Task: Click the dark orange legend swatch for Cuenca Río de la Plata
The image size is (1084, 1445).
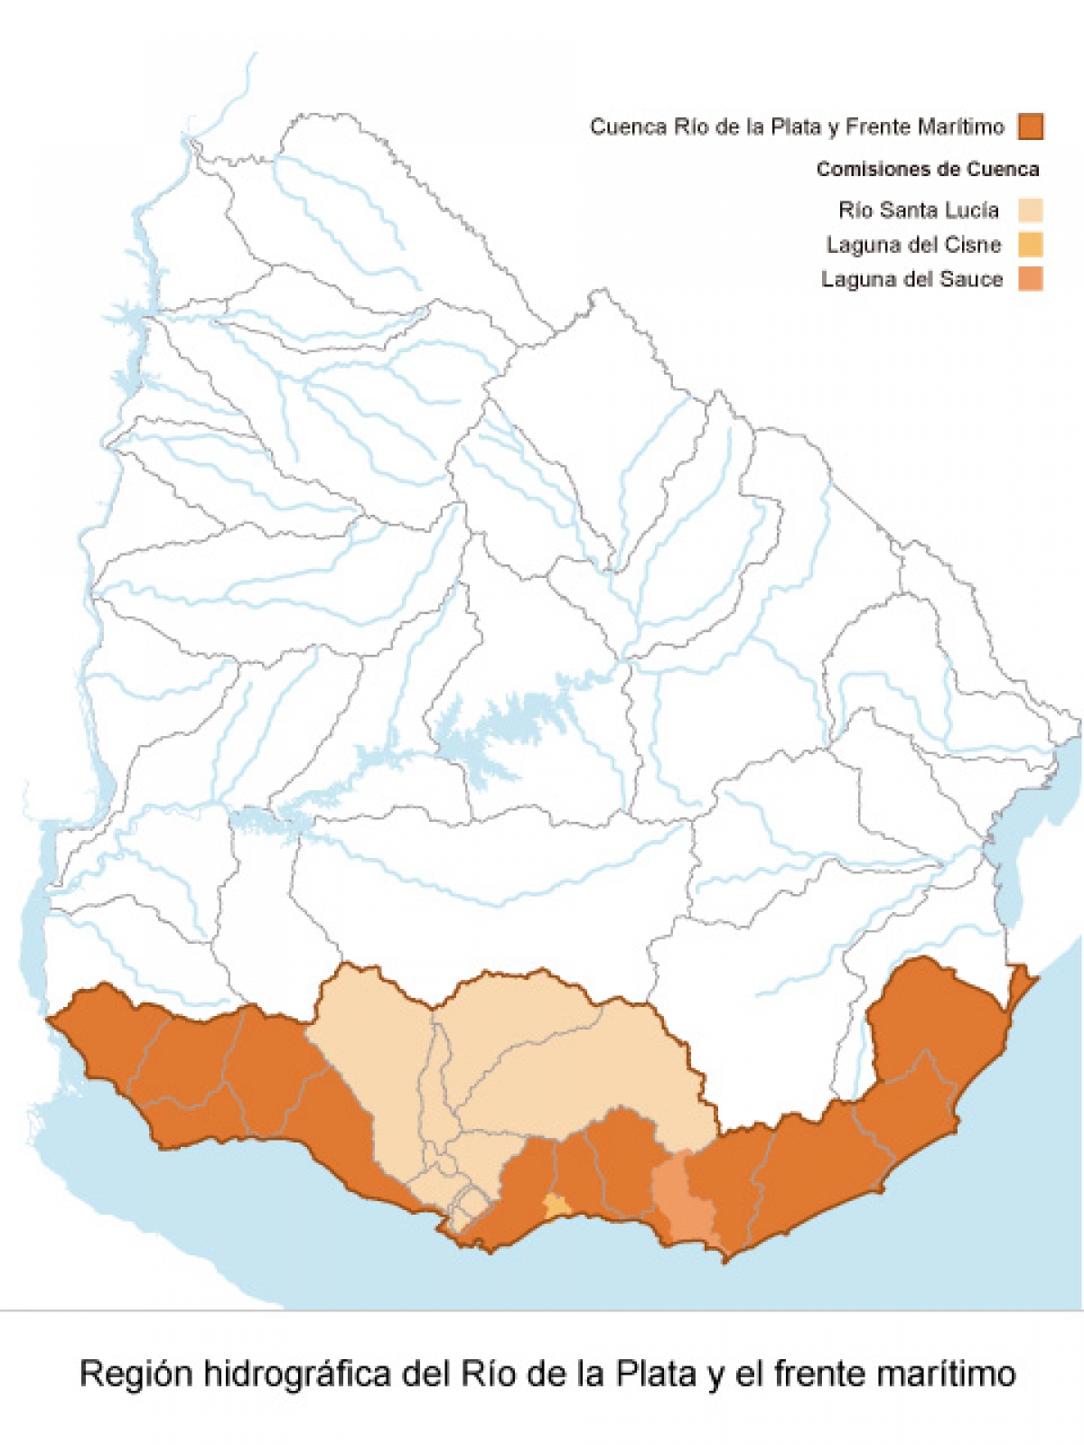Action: pos(1031,126)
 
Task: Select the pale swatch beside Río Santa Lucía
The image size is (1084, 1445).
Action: pos(1031,210)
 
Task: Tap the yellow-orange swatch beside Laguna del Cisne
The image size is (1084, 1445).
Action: pos(1031,245)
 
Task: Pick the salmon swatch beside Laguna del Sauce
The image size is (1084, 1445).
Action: pos(1031,279)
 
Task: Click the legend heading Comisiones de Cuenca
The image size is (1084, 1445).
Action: pos(928,170)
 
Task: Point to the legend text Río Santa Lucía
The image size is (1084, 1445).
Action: pos(919,210)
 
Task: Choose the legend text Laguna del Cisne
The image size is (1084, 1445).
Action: pos(913,245)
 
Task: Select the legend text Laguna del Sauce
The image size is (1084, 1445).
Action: pos(911,280)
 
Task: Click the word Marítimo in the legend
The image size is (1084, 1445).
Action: pos(960,127)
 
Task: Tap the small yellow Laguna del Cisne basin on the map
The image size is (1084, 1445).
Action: pos(556,1205)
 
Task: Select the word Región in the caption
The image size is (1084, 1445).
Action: pos(135,1374)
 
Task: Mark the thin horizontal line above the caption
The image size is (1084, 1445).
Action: pos(542,1310)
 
